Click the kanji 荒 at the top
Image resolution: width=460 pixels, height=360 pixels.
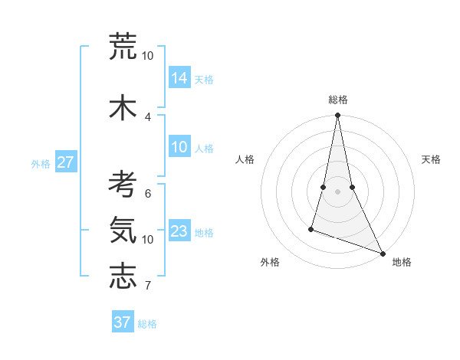[x=123, y=47]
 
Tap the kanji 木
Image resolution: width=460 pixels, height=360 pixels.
[x=123, y=106]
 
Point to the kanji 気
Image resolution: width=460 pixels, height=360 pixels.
[x=123, y=230]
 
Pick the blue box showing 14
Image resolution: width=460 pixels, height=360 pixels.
[x=179, y=77]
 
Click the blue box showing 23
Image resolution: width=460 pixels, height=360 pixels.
[x=179, y=231]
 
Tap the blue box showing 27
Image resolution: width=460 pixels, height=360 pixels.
[x=66, y=162]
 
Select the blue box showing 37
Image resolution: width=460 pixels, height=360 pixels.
[x=123, y=322]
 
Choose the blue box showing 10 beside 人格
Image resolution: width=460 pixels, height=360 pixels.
[x=179, y=147]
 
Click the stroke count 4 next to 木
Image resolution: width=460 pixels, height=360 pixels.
[x=148, y=116]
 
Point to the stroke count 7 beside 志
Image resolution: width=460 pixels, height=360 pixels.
[x=148, y=286]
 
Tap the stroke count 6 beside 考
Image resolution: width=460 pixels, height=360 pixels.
[x=148, y=194]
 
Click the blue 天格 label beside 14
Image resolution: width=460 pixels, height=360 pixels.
[x=204, y=79]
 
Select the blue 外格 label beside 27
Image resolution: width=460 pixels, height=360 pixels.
[x=41, y=163]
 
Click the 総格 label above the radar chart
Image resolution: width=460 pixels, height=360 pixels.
[x=338, y=100]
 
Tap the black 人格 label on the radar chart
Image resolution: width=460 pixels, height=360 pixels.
[x=245, y=159]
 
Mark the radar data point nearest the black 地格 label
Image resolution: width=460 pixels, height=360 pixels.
[x=382, y=253]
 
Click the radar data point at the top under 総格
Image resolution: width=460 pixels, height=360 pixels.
[x=338, y=116]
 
